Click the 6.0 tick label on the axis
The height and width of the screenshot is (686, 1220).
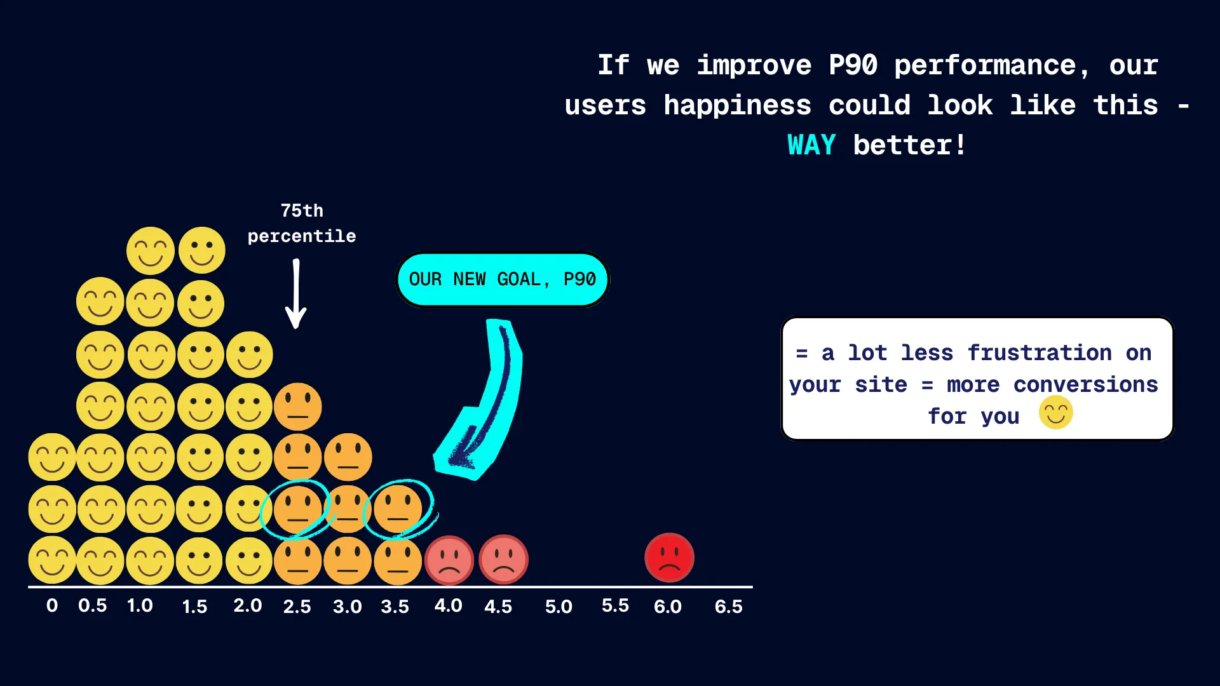pyautogui.click(x=667, y=607)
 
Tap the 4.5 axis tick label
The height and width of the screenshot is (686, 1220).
pyautogui.click(x=498, y=607)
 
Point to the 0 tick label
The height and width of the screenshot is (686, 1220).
pyautogui.click(x=52, y=605)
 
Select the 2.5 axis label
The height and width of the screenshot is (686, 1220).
pyautogui.click(x=297, y=607)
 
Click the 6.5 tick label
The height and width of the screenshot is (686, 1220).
pyautogui.click(x=728, y=607)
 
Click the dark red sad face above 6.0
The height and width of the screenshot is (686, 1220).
pyautogui.click(x=669, y=558)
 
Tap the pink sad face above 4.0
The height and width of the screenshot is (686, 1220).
pyautogui.click(x=449, y=560)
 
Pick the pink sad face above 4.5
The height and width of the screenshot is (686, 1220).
pyautogui.click(x=503, y=560)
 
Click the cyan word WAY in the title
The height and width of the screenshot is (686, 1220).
pyautogui.click(x=811, y=145)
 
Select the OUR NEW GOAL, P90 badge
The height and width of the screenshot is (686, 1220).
pyautogui.click(x=503, y=279)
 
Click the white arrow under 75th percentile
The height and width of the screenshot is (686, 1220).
pyautogui.click(x=296, y=293)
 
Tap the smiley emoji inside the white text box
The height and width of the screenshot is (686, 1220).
pyautogui.click(x=1056, y=412)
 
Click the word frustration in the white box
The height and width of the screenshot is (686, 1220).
pyautogui.click(x=1040, y=353)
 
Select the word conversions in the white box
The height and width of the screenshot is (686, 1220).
pyautogui.click(x=1085, y=384)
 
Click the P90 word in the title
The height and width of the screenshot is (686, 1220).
pyautogui.click(x=853, y=65)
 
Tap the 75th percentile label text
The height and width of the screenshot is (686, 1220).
pyautogui.click(x=302, y=224)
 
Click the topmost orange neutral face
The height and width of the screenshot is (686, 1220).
pyautogui.click(x=297, y=407)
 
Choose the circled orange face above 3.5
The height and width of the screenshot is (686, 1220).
pyautogui.click(x=398, y=509)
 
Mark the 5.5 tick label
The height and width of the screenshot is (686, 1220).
pyautogui.click(x=615, y=605)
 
